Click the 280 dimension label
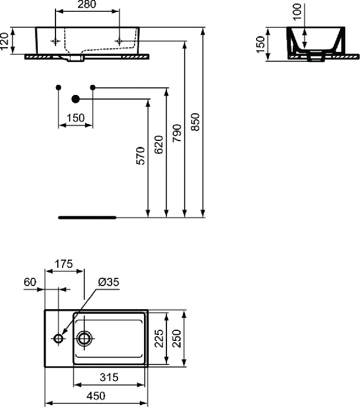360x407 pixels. [x=87, y=5]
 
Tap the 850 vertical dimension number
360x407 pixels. [x=197, y=122]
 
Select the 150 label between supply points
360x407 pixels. [x=75, y=118]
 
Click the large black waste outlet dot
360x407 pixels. [x=75, y=99]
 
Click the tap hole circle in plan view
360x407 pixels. [x=58, y=339]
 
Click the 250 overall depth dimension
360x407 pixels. [x=176, y=339]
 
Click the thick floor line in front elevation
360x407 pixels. [x=88, y=217]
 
